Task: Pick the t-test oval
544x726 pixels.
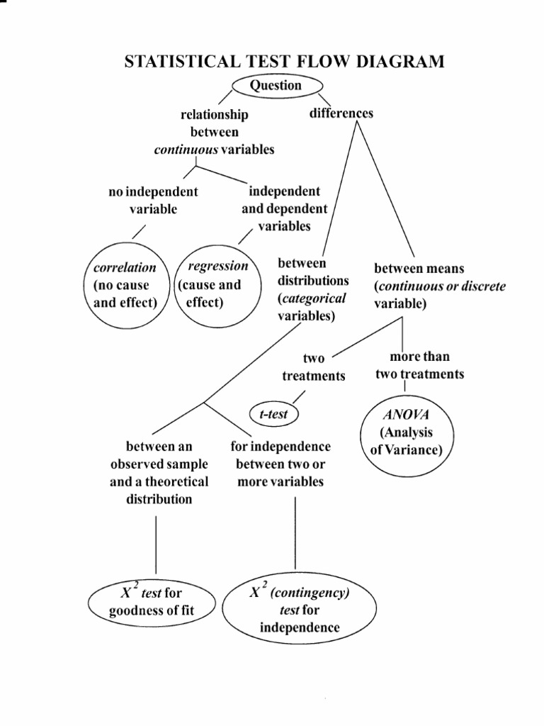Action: click(x=274, y=414)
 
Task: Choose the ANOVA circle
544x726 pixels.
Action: click(x=406, y=431)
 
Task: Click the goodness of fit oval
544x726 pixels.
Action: click(x=151, y=602)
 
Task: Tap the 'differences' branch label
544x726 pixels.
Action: click(x=341, y=113)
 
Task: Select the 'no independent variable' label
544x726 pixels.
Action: click(x=153, y=200)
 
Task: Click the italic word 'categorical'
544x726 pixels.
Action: click(x=312, y=298)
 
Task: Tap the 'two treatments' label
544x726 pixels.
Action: click(x=314, y=367)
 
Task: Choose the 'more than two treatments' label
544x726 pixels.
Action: click(x=420, y=365)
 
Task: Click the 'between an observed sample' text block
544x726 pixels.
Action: click(x=159, y=472)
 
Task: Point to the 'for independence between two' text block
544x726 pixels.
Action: click(x=280, y=464)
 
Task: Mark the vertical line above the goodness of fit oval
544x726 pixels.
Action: click(x=156, y=544)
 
